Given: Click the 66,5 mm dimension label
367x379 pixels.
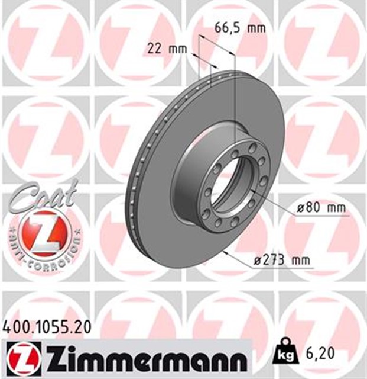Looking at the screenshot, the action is tap(240, 28).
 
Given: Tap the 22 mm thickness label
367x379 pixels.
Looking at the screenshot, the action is tap(167, 49).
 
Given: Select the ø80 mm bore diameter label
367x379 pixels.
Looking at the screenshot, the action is tap(321, 208).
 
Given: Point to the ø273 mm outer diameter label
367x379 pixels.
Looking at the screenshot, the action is tap(282, 261).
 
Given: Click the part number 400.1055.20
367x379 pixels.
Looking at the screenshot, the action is tap(47, 327).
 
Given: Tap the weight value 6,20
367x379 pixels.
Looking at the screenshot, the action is tap(321, 354).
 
